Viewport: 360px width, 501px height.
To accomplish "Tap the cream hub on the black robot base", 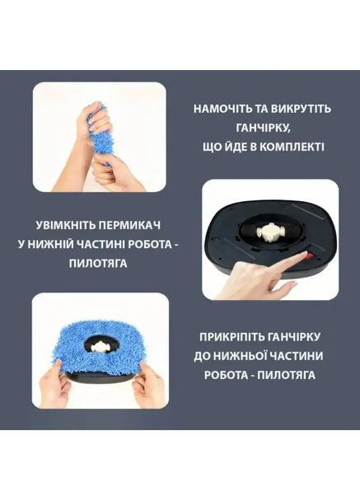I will click(x=269, y=227).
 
